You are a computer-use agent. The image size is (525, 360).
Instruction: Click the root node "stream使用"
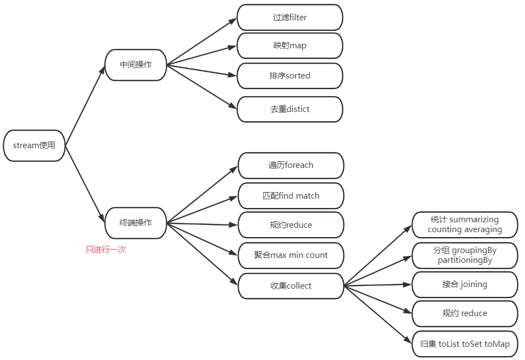click(34, 146)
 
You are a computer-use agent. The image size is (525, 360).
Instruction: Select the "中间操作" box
click(136, 65)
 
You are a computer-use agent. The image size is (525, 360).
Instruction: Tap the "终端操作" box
click(136, 223)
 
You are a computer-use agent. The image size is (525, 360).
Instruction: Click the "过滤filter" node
click(290, 18)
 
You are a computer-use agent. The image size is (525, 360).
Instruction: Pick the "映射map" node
click(290, 46)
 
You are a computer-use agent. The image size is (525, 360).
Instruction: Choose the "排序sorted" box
click(290, 76)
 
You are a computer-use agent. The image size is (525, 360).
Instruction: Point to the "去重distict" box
click(290, 109)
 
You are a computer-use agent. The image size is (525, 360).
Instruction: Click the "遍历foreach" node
click(291, 165)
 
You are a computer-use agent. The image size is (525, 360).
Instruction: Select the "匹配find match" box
click(291, 196)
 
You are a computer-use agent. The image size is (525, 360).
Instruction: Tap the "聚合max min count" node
click(291, 255)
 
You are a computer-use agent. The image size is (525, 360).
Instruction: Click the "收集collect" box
click(291, 286)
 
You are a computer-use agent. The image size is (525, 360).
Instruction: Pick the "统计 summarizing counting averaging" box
click(465, 224)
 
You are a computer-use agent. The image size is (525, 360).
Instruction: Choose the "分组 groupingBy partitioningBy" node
click(465, 255)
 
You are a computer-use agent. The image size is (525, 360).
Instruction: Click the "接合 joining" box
click(465, 284)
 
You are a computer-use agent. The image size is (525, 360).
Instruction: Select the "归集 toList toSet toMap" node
click(465, 344)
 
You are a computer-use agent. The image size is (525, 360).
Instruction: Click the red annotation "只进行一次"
click(106, 250)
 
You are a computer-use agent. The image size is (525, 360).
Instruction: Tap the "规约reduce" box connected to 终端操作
click(291, 225)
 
